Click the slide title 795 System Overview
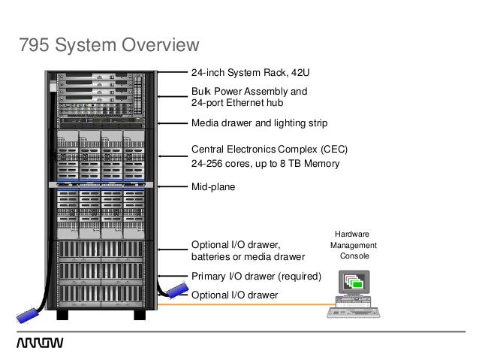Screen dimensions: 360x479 pos(108,47)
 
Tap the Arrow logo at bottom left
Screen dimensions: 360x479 pos(40,343)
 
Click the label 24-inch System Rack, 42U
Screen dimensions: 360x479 pos(251,74)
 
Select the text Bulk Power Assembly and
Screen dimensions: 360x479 pos(249,92)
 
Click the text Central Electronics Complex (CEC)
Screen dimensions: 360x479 pos(270,149)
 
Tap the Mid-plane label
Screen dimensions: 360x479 pos(214,187)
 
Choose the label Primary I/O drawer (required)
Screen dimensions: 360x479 pos(256,276)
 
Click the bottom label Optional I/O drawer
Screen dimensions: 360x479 pos(235,295)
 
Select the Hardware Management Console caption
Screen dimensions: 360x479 pos(354,246)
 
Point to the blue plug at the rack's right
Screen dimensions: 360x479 pos(175,290)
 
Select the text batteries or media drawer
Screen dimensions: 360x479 pos(249,257)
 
